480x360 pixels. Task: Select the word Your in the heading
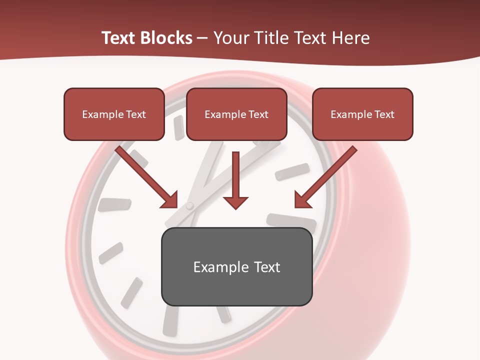point(231,38)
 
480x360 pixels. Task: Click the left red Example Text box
point(114,114)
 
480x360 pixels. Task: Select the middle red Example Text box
point(236,114)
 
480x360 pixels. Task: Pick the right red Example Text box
point(362,114)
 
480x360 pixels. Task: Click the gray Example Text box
point(237,266)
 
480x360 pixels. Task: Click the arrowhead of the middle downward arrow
point(235,202)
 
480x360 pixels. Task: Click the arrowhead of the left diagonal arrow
point(170,200)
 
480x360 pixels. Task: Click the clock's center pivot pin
point(189,205)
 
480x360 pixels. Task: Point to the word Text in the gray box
point(267,267)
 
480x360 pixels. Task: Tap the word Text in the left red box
point(136,114)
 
